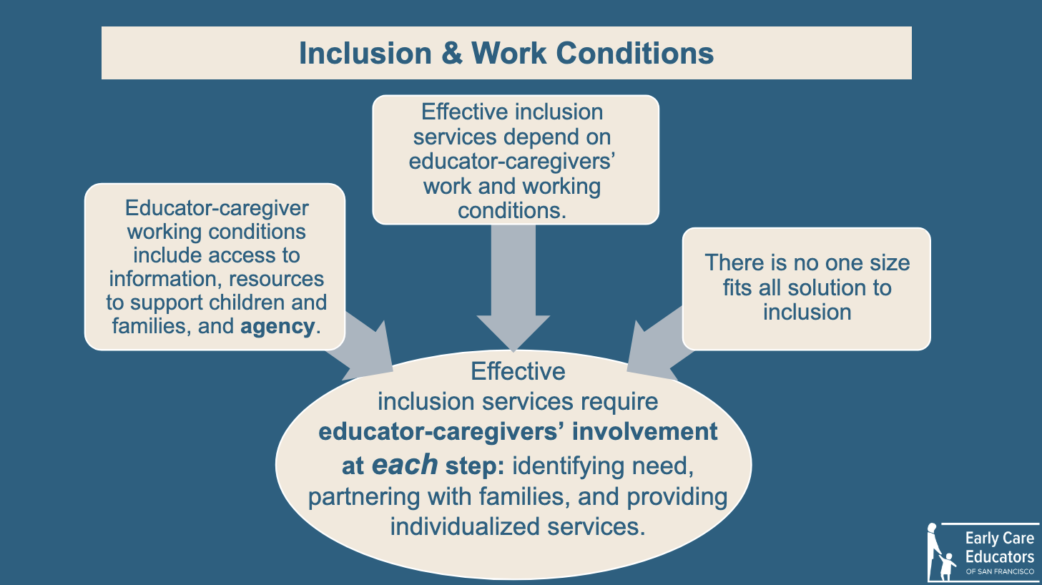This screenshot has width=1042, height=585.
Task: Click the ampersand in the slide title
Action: [452, 53]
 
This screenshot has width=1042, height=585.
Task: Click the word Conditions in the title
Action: [634, 53]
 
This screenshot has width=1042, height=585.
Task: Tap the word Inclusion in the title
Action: [365, 53]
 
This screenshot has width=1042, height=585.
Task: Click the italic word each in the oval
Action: [405, 465]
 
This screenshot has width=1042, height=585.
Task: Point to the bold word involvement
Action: [645, 431]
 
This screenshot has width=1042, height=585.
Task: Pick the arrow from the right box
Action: [656, 344]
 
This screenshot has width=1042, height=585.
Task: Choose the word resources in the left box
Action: [276, 279]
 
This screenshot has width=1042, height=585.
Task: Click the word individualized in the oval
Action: [465, 527]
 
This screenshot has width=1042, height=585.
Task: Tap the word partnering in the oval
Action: [364, 497]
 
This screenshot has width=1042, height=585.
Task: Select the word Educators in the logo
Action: [1000, 556]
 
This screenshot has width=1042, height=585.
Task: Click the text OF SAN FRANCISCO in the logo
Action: [1000, 571]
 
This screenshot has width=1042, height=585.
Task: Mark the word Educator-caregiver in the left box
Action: [217, 208]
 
